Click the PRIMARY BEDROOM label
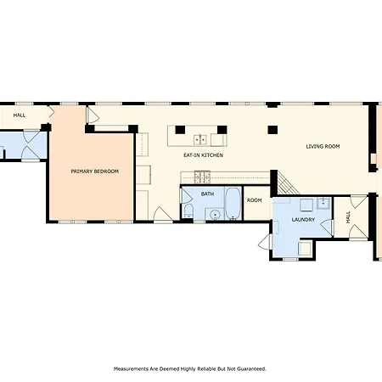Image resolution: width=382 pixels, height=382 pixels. [x=94, y=171]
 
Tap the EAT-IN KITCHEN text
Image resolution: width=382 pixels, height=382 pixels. [x=203, y=155]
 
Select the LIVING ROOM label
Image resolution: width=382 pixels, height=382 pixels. [x=323, y=146]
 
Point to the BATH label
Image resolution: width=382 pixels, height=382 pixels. [x=207, y=194]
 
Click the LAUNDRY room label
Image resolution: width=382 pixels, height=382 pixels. [x=303, y=220]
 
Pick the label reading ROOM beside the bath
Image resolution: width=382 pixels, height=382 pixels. [x=255, y=200]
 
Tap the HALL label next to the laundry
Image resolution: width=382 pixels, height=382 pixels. [x=348, y=217]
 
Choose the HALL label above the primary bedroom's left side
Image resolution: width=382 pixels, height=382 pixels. [x=20, y=115]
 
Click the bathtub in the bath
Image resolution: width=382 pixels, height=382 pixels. [x=233, y=203]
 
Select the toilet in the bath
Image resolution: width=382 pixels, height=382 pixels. [x=188, y=211]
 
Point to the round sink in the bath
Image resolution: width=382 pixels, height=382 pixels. [x=215, y=215]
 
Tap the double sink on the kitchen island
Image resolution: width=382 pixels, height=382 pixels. [x=200, y=139]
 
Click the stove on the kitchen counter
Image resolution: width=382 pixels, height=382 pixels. [x=202, y=177]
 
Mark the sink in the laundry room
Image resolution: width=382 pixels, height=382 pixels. [x=323, y=203]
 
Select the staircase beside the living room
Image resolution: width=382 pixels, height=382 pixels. [x=288, y=183]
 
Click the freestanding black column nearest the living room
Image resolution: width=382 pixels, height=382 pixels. [x=272, y=130]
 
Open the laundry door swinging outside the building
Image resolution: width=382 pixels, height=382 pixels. [x=266, y=242]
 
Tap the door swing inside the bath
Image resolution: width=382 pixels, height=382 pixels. [x=186, y=196]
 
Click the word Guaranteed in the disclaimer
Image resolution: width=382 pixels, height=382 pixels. [x=251, y=368]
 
